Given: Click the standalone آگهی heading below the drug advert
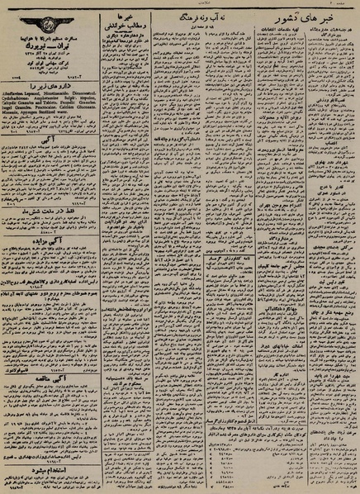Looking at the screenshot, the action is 49,140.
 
